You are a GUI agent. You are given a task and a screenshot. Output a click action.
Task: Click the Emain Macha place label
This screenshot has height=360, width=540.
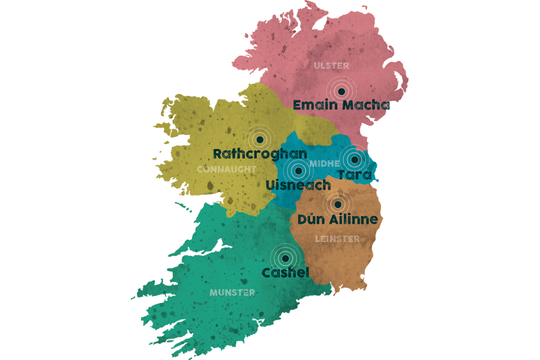pos(341,105)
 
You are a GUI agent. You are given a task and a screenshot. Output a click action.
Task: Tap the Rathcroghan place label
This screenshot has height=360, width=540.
pos(259,153)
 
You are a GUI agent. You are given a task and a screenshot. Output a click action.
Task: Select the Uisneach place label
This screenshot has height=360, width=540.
pos(299,185)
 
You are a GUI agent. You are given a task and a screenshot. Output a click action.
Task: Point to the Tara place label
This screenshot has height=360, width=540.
pos(354,174)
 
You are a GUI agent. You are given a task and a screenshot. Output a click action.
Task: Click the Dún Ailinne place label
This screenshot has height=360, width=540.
pos(337,219)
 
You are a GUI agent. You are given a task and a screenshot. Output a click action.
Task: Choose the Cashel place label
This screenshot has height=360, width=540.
pos(285,272)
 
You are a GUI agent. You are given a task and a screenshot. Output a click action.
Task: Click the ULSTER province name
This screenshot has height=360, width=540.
pos(331,66)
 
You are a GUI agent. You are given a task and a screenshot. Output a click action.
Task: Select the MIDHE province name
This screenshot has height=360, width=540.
pos(324,163)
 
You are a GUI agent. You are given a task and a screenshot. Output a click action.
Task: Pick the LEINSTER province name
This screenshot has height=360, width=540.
pos(337,239)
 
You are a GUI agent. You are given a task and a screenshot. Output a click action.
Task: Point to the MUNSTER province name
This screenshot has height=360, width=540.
pos(232,292)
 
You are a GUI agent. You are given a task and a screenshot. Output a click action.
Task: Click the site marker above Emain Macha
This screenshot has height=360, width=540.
pos(341,90)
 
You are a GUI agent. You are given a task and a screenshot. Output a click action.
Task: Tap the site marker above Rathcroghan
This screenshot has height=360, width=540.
pos(259,139)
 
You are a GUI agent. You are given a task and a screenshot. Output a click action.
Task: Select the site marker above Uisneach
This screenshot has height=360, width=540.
pos(298,170)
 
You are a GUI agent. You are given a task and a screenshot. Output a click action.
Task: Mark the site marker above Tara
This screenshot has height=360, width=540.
pos(354,160)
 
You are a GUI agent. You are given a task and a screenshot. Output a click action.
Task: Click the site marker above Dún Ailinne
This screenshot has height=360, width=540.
pos(337,205)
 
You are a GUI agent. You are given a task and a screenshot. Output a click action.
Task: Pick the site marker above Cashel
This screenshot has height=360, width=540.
pos(284,257)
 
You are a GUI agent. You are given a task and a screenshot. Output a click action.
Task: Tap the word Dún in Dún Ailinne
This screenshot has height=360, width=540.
pos(311,219)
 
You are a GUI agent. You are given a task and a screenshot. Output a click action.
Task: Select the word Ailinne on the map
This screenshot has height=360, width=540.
pos(352,219)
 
